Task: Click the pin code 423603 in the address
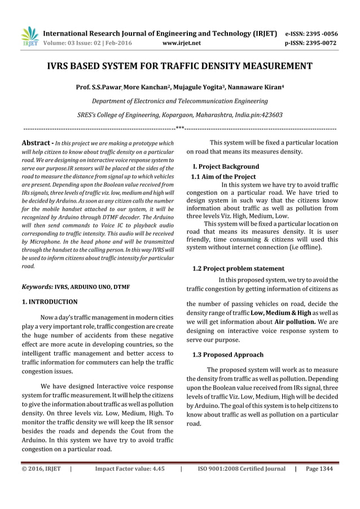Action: [273, 115]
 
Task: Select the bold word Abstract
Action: [36, 143]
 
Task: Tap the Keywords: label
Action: [37, 287]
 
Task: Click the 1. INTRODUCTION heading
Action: [49, 302]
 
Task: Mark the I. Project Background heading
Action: [226, 166]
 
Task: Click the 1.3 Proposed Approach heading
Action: [228, 355]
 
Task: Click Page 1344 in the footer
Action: [319, 468]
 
